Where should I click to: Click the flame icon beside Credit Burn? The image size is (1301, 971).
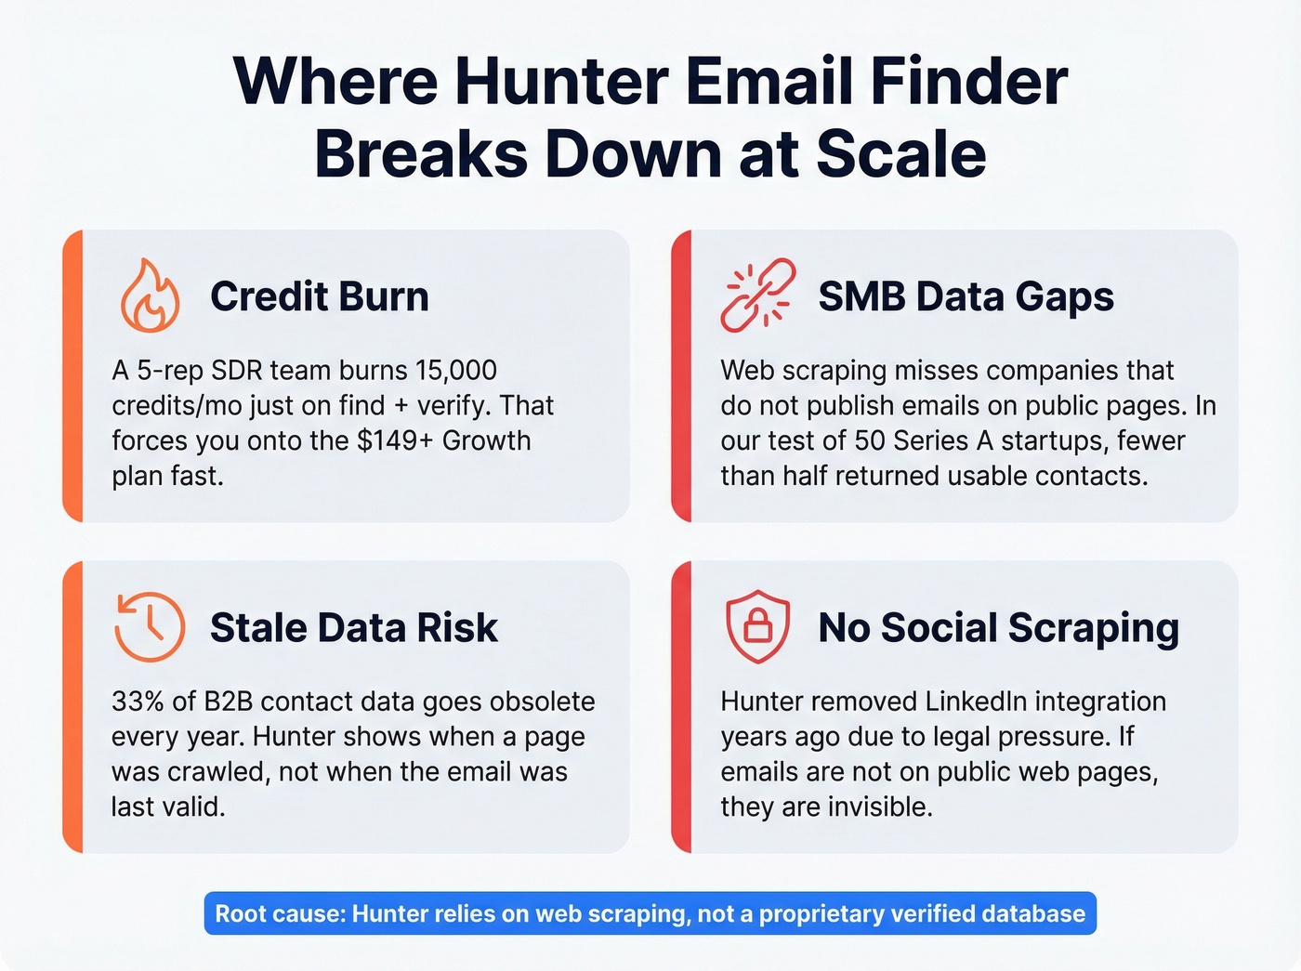[x=150, y=295]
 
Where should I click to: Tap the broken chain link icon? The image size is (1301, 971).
[x=757, y=295]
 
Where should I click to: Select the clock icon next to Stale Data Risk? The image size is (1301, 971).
[x=150, y=627]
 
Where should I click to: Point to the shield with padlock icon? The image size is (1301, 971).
[x=757, y=627]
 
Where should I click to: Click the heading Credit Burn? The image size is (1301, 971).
[x=319, y=296]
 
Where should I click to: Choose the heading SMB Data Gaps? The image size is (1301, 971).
[x=966, y=296]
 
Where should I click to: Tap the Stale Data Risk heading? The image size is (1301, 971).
[x=353, y=628]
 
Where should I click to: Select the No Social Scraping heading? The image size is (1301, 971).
[x=998, y=628]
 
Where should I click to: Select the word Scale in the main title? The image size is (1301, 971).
[x=900, y=154]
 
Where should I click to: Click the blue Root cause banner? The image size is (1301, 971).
[x=650, y=913]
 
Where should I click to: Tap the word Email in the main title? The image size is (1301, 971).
[x=768, y=82]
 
